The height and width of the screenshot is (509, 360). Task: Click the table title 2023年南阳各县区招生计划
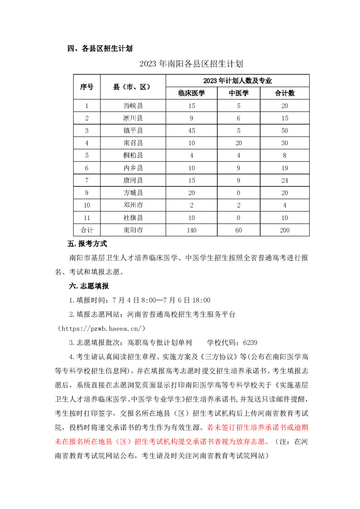(191, 64)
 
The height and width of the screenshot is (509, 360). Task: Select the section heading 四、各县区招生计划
(100, 48)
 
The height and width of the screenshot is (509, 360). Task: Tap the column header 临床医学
(191, 93)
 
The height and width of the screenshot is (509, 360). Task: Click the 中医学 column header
(238, 93)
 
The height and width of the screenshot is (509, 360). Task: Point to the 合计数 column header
(285, 93)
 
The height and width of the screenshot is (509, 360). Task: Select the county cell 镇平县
(133, 131)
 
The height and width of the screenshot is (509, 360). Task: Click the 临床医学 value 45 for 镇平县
(191, 131)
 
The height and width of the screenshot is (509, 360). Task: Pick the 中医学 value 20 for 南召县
(238, 143)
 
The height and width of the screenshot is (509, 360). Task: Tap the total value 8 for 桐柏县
(285, 155)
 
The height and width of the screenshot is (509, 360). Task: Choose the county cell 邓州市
(133, 205)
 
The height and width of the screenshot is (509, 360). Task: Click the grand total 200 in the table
(285, 230)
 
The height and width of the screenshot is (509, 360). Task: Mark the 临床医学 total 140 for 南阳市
(191, 230)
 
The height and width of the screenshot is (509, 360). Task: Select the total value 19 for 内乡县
(285, 168)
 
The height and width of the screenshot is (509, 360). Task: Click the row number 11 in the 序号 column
(87, 218)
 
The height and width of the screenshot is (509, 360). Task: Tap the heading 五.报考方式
(87, 244)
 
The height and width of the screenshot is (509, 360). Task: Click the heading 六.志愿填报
(89, 286)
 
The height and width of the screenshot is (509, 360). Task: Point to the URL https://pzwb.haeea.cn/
(101, 329)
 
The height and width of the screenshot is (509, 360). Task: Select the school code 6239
(250, 343)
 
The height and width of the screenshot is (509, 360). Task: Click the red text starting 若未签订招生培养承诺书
(257, 427)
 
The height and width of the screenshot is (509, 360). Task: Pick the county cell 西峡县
(133, 106)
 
